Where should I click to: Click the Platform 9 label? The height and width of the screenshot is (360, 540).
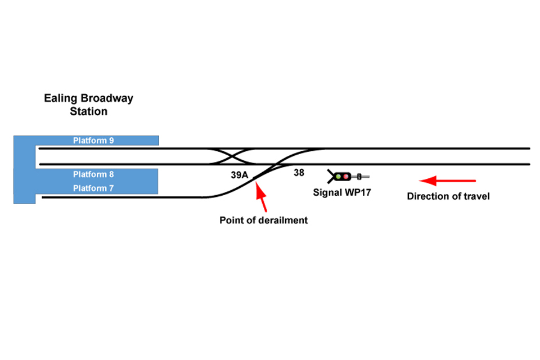(93, 141)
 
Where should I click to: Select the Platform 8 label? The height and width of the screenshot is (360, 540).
(93, 174)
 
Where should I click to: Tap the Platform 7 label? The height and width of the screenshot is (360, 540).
(93, 188)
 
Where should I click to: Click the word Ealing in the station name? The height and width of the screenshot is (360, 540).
(59, 98)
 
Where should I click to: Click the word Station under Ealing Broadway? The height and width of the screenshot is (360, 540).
(88, 111)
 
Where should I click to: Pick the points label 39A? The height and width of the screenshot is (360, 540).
(239, 175)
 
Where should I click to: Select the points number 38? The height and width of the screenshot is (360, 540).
(299, 173)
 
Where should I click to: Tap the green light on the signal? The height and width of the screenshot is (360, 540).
(338, 177)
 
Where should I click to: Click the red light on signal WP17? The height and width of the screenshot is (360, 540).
(345, 177)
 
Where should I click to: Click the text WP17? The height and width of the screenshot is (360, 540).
(357, 192)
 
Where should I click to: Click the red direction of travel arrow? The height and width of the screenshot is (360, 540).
(448, 181)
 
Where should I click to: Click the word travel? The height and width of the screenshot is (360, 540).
(476, 196)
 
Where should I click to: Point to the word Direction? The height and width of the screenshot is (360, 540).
(428, 196)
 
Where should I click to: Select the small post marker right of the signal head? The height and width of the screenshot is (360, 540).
(358, 177)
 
